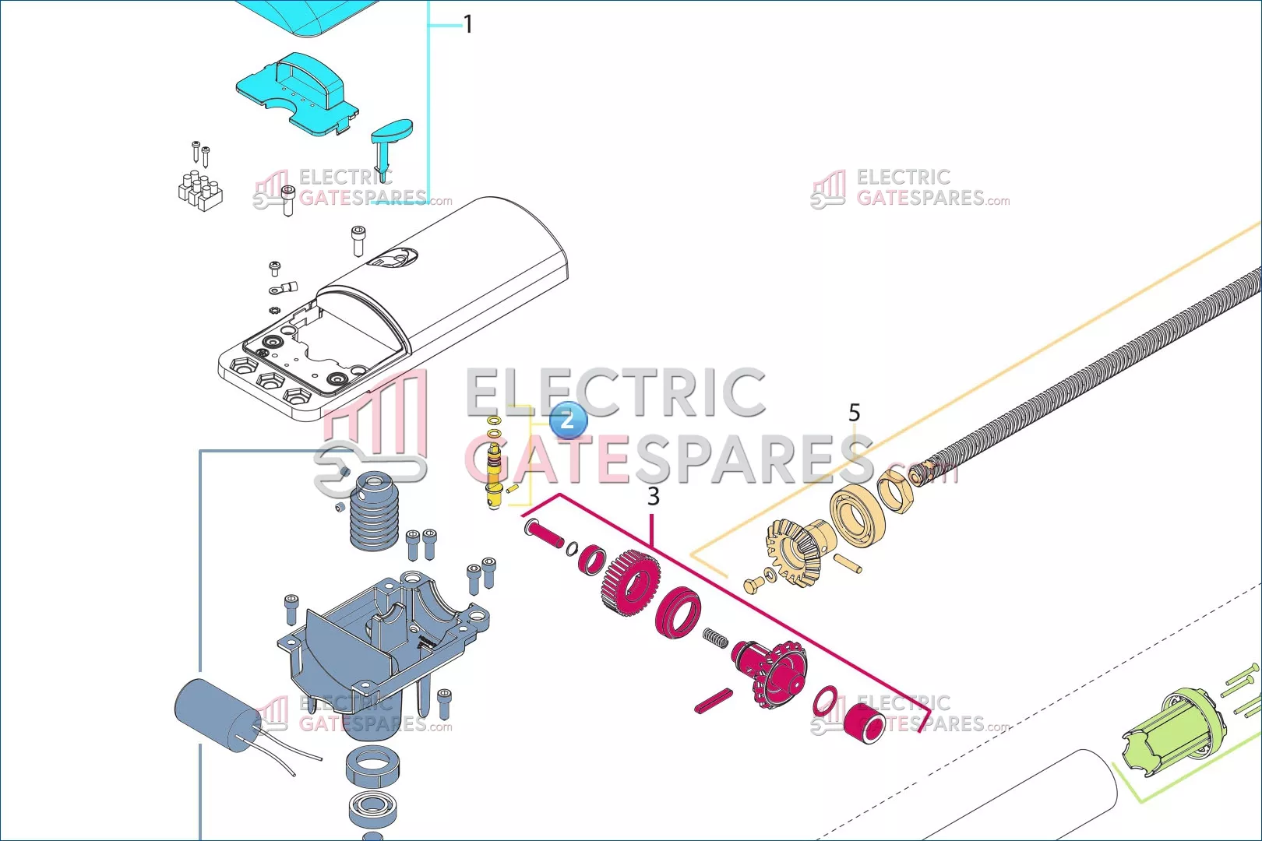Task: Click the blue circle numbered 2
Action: pyautogui.click(x=567, y=420)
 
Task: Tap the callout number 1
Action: pyautogui.click(x=468, y=25)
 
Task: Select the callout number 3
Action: pyautogui.click(x=654, y=496)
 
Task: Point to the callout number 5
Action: pyautogui.click(x=855, y=412)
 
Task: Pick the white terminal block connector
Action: pyautogui.click(x=199, y=191)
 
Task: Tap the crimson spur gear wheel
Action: pyautogui.click(x=631, y=582)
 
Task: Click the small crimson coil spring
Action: pyautogui.click(x=716, y=638)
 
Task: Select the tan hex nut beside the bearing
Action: pyautogui.click(x=897, y=491)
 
